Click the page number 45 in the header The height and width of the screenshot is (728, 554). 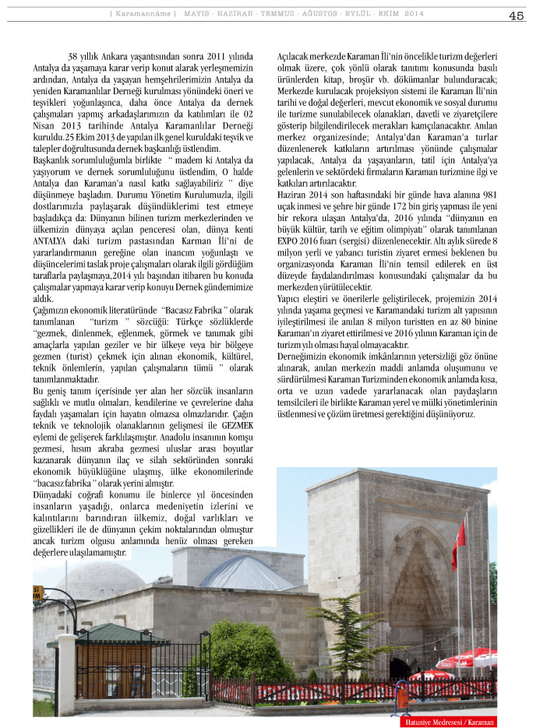click(x=516, y=16)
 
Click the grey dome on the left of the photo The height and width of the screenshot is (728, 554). click(x=100, y=580)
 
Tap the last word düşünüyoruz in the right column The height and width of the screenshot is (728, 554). click(x=444, y=414)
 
